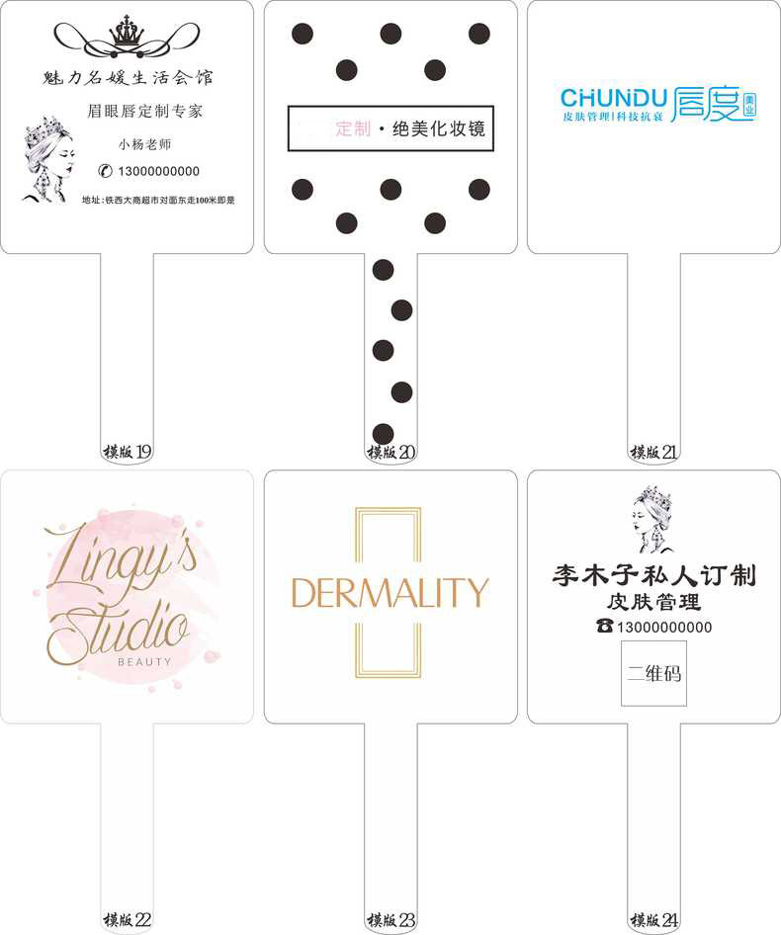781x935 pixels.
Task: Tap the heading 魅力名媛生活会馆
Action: coord(129,77)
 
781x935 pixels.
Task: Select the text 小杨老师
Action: coord(137,143)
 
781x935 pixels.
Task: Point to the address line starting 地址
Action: coord(158,201)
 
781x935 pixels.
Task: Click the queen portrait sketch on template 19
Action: coord(44,159)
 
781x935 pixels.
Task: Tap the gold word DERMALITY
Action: coord(390,593)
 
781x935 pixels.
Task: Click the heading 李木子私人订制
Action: coord(653,576)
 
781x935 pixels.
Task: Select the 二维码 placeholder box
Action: coord(653,674)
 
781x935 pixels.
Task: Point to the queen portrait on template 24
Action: coord(653,518)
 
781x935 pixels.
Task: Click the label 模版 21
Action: coord(654,453)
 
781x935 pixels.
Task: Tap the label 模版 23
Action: coord(391,920)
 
